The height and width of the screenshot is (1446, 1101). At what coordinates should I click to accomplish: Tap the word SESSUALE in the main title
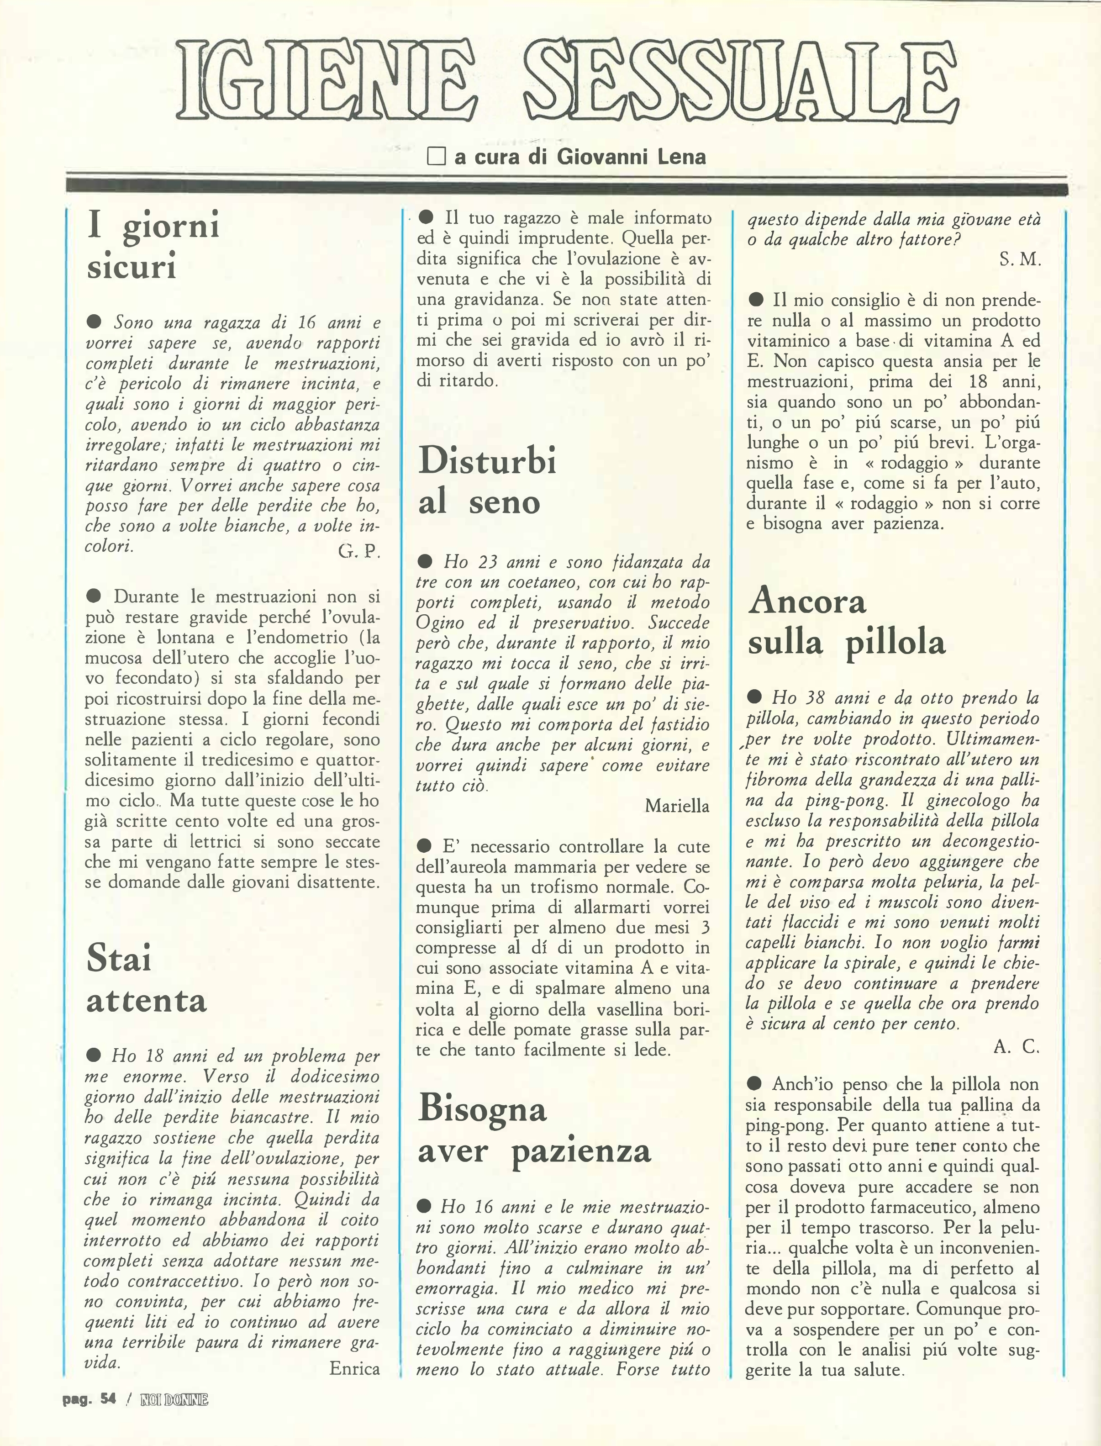point(743,83)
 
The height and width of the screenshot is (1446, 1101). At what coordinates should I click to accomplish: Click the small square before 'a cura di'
point(436,157)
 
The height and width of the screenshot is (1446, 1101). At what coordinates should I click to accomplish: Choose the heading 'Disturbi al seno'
point(487,480)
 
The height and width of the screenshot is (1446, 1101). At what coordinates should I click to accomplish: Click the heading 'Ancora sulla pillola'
point(846,621)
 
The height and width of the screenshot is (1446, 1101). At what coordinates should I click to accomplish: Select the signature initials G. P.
point(359,551)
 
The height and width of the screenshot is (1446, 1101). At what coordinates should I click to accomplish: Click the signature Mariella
point(677,806)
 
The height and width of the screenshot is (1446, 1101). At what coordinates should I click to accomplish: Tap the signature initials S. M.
point(1020,260)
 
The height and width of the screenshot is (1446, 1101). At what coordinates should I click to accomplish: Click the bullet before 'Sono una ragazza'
point(94,322)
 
